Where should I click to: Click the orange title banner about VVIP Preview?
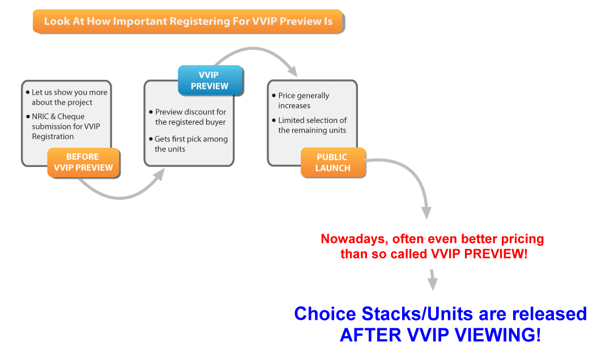[187, 22]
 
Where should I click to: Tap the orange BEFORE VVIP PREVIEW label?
[83, 162]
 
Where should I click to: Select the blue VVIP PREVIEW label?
[210, 80]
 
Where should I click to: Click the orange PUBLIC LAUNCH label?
[333, 162]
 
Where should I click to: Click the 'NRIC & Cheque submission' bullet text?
[66, 126]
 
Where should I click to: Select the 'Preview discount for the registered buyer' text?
[190, 117]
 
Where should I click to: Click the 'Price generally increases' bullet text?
[303, 101]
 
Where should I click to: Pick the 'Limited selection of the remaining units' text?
[312, 125]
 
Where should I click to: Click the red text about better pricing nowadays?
[433, 246]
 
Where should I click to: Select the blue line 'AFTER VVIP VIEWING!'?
[440, 335]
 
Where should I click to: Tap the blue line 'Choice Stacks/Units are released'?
[440, 314]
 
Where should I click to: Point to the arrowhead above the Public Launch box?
[292, 71]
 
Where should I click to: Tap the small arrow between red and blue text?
[433, 281]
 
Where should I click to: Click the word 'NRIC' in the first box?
[41, 117]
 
